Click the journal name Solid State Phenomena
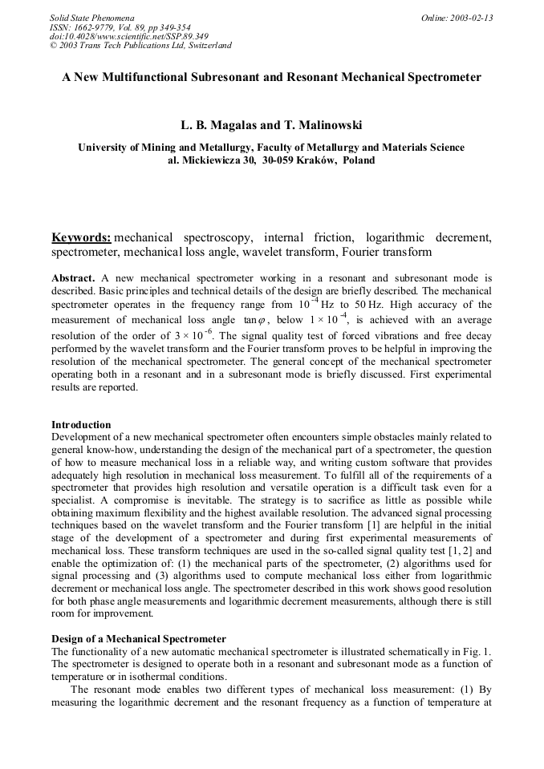tap(91, 18)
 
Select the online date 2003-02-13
tap(469, 18)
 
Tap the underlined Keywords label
tap(81, 237)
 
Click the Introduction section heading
tap(81, 424)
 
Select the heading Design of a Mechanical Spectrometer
tap(139, 638)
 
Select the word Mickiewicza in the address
tap(212, 160)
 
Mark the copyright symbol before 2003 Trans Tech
tap(54, 46)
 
